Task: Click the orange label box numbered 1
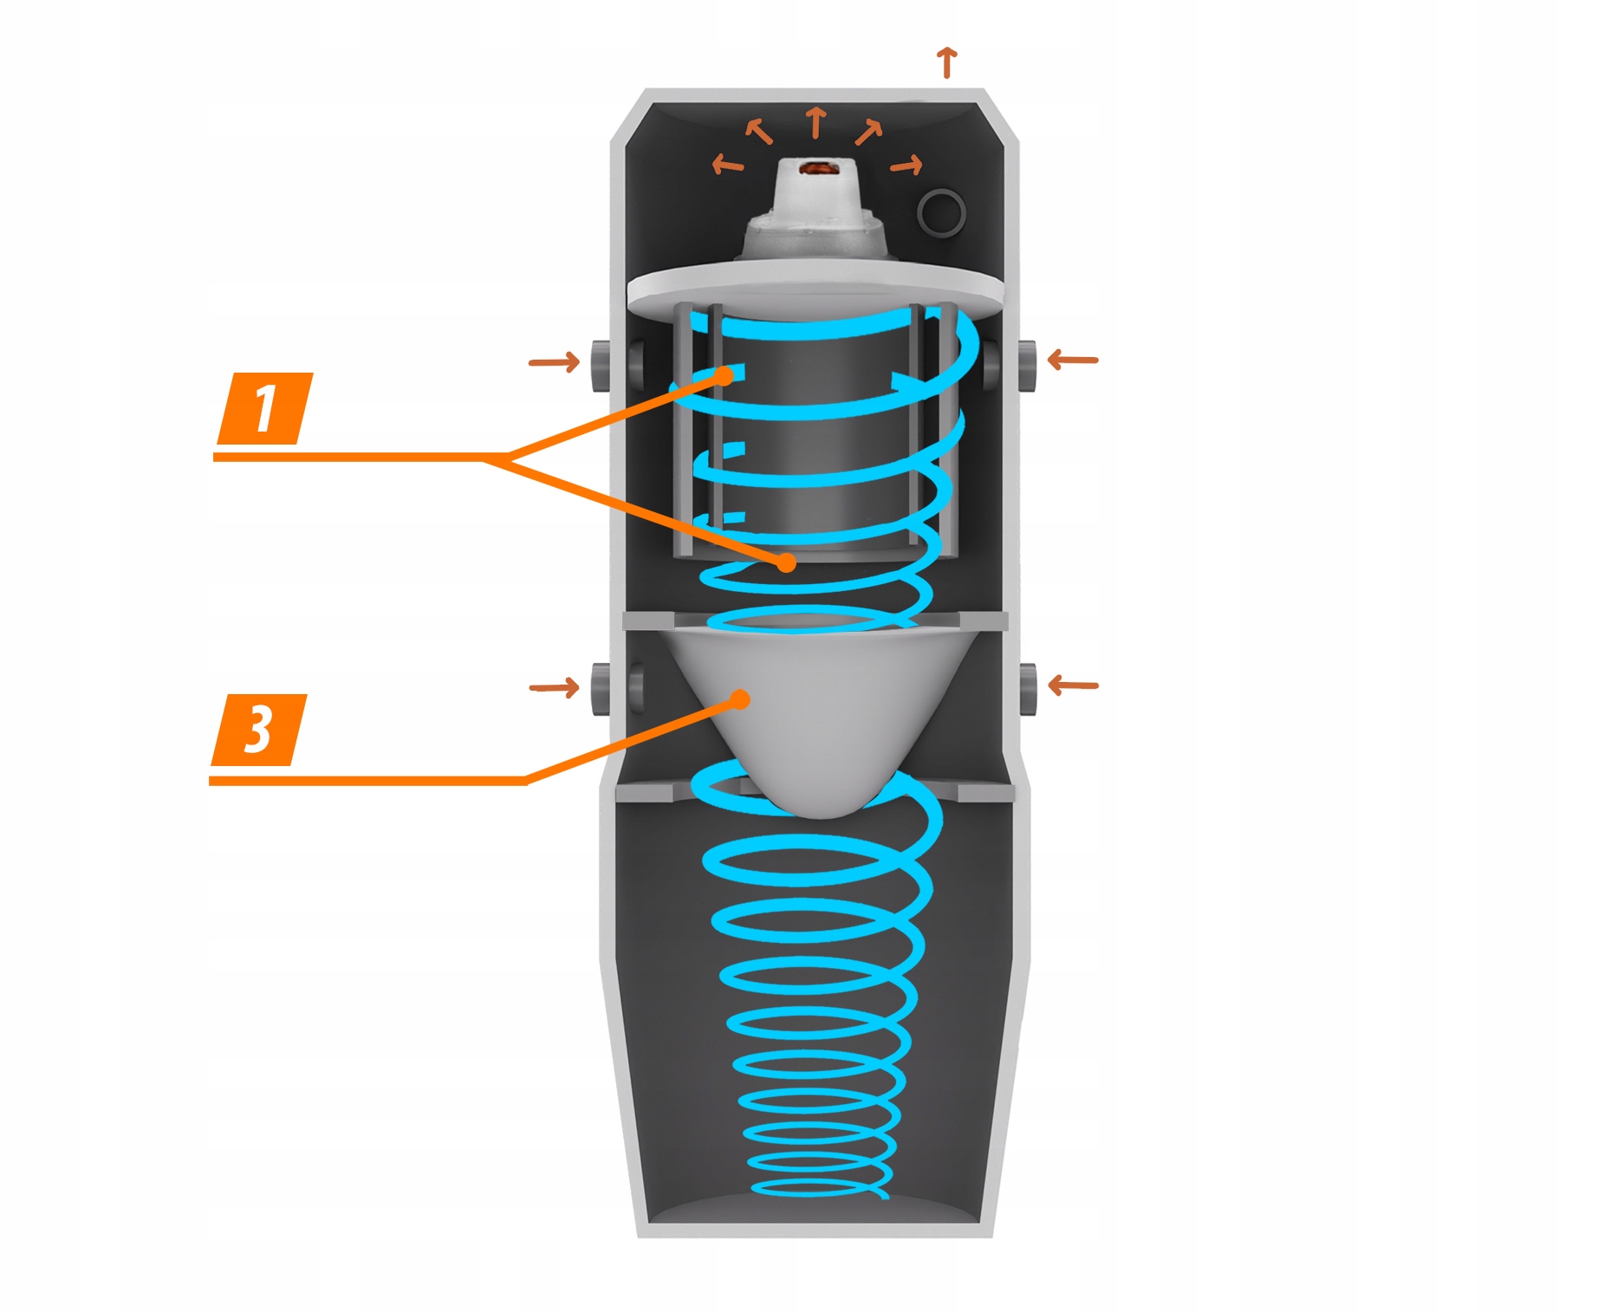(264, 409)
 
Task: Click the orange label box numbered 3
(258, 730)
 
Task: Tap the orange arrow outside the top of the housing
(947, 62)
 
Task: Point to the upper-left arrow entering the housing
(555, 361)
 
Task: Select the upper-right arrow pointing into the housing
(1073, 359)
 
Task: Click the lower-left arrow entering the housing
(555, 688)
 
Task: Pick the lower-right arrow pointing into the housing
(1073, 685)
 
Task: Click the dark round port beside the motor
(941, 211)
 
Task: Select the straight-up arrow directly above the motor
(815, 122)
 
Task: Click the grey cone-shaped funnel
(815, 719)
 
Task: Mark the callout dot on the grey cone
(740, 699)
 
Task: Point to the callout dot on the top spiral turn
(724, 376)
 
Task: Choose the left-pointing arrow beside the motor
(727, 164)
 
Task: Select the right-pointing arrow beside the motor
(906, 165)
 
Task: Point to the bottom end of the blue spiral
(884, 1196)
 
